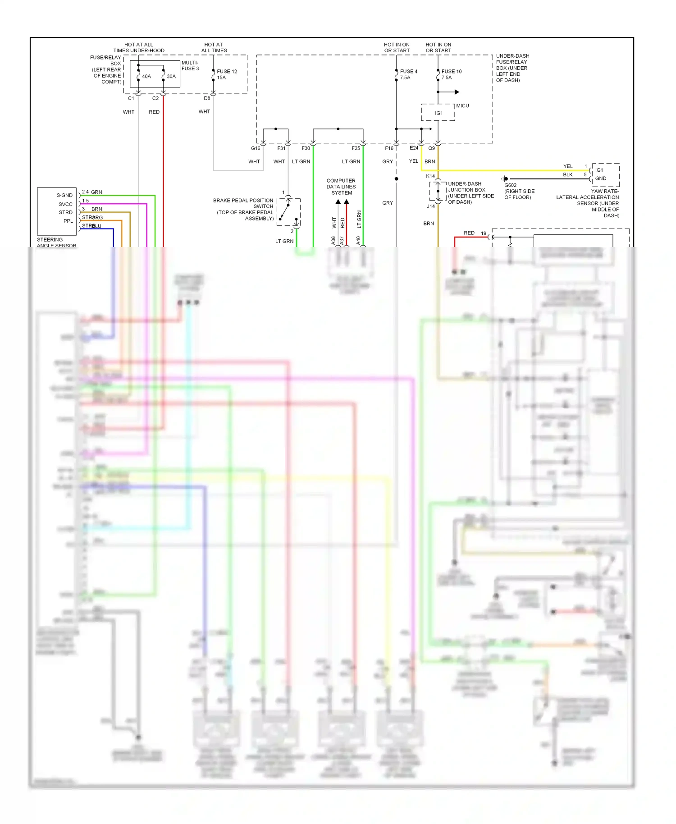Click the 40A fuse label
[x=146, y=77]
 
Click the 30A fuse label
[x=171, y=77]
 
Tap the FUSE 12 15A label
[x=227, y=74]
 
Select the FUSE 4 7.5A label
[x=408, y=74]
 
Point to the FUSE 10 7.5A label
[x=451, y=74]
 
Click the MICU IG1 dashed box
[x=438, y=113]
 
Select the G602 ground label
[x=510, y=185]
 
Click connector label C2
[x=155, y=98]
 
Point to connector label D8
[x=207, y=98]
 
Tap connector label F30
[x=306, y=148]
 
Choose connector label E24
[x=414, y=148]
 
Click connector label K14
[x=430, y=176]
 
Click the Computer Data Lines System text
[x=341, y=187]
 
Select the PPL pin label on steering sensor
[x=68, y=221]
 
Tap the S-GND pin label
[x=64, y=195]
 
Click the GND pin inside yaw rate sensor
[x=601, y=179]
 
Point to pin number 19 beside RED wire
[x=483, y=233]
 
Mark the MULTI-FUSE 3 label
[x=190, y=66]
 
